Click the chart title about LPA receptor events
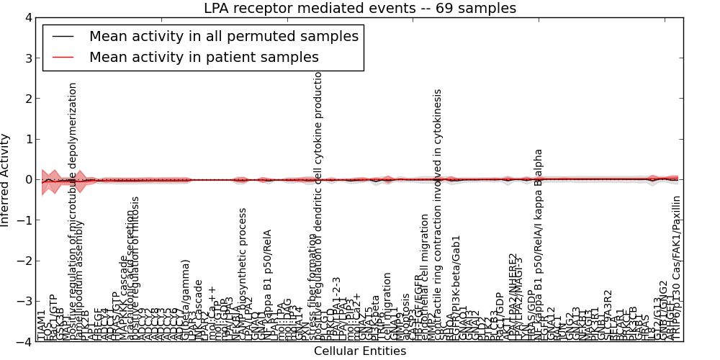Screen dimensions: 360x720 point(360,9)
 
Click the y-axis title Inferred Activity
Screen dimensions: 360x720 point(6,180)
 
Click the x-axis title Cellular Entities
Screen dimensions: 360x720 point(360,351)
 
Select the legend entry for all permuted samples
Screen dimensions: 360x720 point(223,36)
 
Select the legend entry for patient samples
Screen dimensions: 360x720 point(204,57)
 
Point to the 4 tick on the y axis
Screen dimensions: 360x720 point(27,18)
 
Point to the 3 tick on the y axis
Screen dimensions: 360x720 point(27,58)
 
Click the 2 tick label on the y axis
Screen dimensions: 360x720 point(27,99)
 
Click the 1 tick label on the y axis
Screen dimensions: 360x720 point(27,140)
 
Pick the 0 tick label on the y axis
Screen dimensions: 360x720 point(27,180)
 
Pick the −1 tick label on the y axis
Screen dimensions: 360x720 point(24,220)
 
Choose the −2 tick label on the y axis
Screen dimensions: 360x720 point(24,261)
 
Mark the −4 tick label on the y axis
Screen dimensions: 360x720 point(24,342)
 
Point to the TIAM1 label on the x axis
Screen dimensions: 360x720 point(41,325)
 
